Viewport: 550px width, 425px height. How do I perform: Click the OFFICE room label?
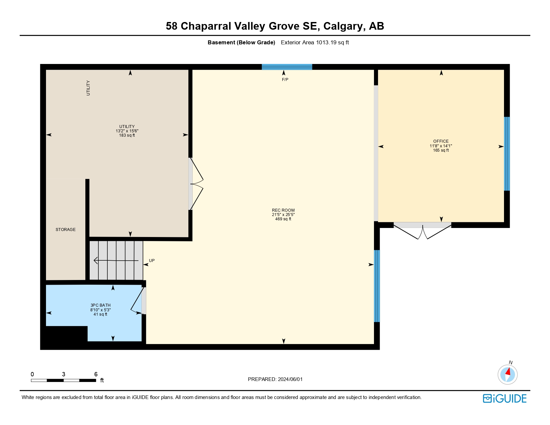[441, 141]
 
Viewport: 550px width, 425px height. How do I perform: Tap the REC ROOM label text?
[283, 210]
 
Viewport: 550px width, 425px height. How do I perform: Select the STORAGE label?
[66, 230]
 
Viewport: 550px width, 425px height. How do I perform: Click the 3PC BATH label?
[100, 305]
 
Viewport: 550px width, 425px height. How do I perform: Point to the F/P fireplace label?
[285, 80]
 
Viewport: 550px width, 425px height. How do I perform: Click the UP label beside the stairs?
[152, 261]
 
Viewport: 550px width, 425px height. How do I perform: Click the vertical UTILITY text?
[88, 88]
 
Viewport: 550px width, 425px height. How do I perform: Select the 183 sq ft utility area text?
[127, 135]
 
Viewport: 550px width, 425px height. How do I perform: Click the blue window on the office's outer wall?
[507, 154]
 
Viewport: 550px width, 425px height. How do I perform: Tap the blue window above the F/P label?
[287, 67]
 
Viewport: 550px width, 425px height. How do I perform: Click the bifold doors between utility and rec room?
[196, 184]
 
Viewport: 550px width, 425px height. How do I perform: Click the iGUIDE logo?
[505, 399]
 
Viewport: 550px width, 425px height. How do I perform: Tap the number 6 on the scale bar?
[96, 374]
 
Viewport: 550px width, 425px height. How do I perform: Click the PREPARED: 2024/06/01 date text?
[275, 379]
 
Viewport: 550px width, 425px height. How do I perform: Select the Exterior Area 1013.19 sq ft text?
[315, 43]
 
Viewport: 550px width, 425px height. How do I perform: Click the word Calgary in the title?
[343, 26]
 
